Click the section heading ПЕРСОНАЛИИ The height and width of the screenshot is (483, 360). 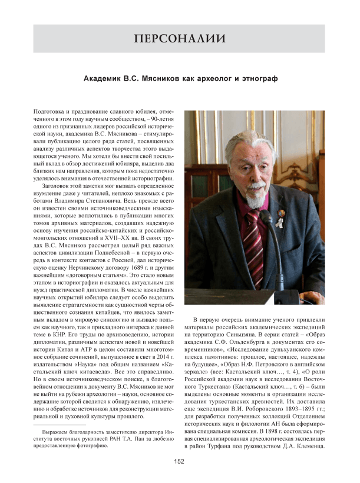[x=180, y=39]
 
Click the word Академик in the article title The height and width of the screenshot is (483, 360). [x=104, y=78]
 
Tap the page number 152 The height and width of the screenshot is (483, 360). [x=180, y=461]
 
